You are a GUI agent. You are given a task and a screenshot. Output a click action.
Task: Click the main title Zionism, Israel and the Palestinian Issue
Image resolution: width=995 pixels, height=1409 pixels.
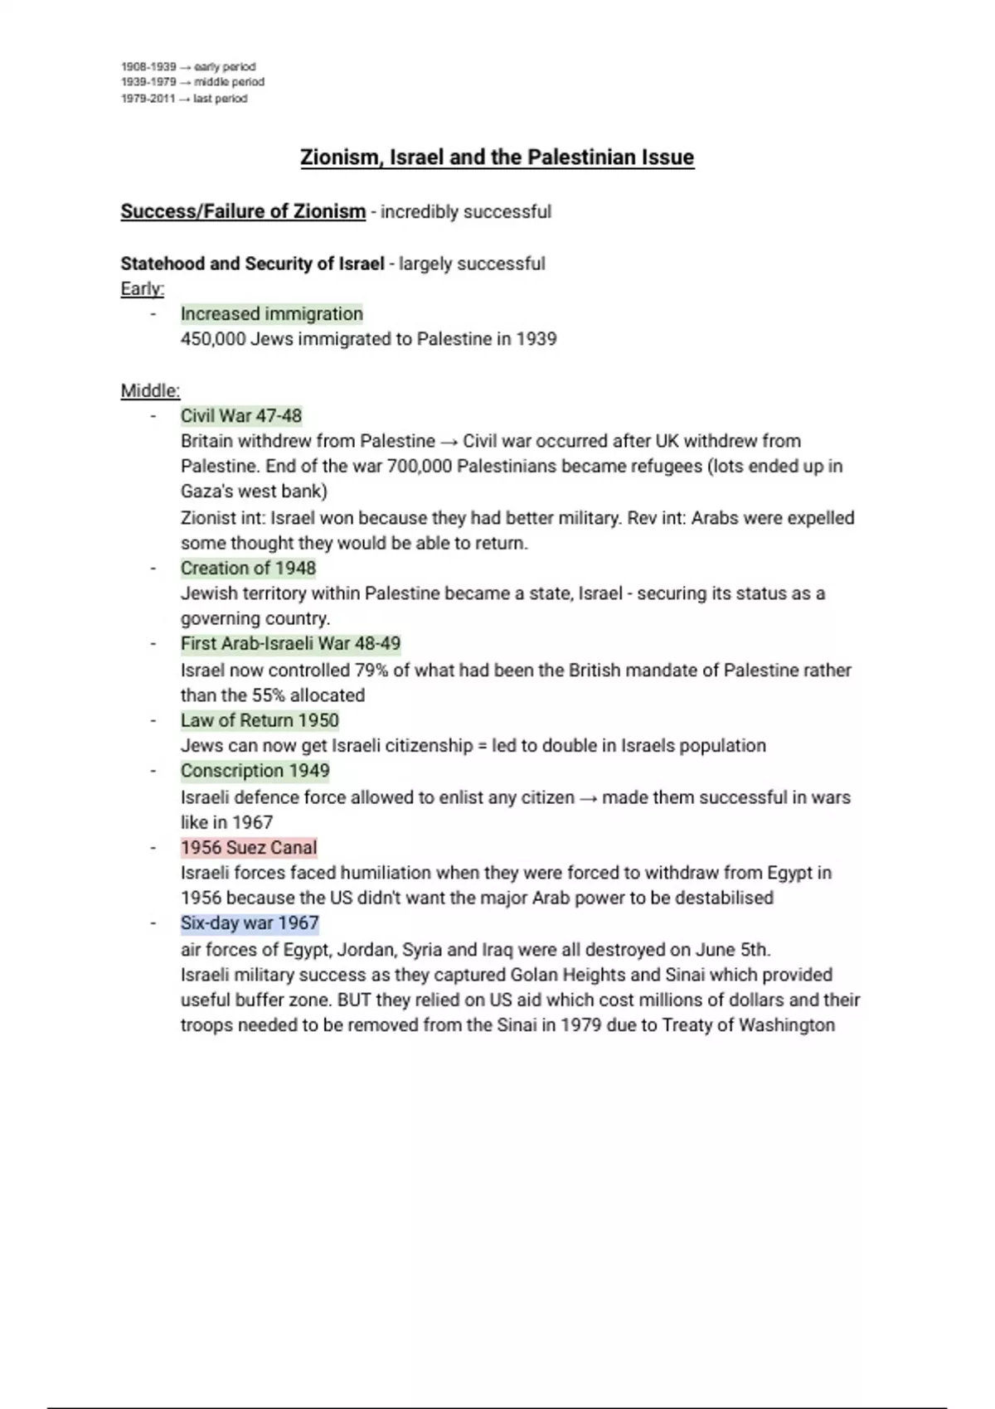(x=497, y=157)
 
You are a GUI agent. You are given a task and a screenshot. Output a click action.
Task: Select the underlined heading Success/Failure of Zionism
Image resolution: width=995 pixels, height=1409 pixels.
(x=243, y=211)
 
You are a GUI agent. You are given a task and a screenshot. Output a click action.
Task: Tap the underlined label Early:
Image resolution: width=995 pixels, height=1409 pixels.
(x=143, y=288)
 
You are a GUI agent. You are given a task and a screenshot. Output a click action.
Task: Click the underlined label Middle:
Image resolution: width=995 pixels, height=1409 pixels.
(x=150, y=390)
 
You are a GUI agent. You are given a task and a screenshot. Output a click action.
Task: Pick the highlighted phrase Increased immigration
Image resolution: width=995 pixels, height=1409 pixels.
(x=272, y=314)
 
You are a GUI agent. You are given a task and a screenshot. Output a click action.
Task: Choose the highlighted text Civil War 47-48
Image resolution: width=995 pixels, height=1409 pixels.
(x=241, y=416)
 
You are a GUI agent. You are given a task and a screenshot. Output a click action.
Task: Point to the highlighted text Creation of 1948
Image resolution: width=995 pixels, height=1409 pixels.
(x=248, y=569)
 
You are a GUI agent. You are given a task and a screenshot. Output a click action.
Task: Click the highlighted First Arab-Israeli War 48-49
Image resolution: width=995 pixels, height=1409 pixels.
(x=290, y=644)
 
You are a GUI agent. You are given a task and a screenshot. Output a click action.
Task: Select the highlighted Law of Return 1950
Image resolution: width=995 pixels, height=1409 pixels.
(x=260, y=720)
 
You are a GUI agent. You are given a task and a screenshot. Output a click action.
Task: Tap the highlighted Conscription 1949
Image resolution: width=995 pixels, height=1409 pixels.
(x=255, y=771)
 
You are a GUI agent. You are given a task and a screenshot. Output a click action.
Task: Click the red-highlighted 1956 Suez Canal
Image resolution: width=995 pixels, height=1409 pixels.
(x=249, y=848)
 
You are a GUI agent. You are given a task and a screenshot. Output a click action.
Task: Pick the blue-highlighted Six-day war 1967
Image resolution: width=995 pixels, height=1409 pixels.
(x=250, y=923)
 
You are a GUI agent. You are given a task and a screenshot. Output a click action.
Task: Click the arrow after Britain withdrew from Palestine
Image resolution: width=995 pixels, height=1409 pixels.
(x=449, y=442)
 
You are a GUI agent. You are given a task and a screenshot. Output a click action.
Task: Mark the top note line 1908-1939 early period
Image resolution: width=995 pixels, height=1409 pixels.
(x=188, y=66)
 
